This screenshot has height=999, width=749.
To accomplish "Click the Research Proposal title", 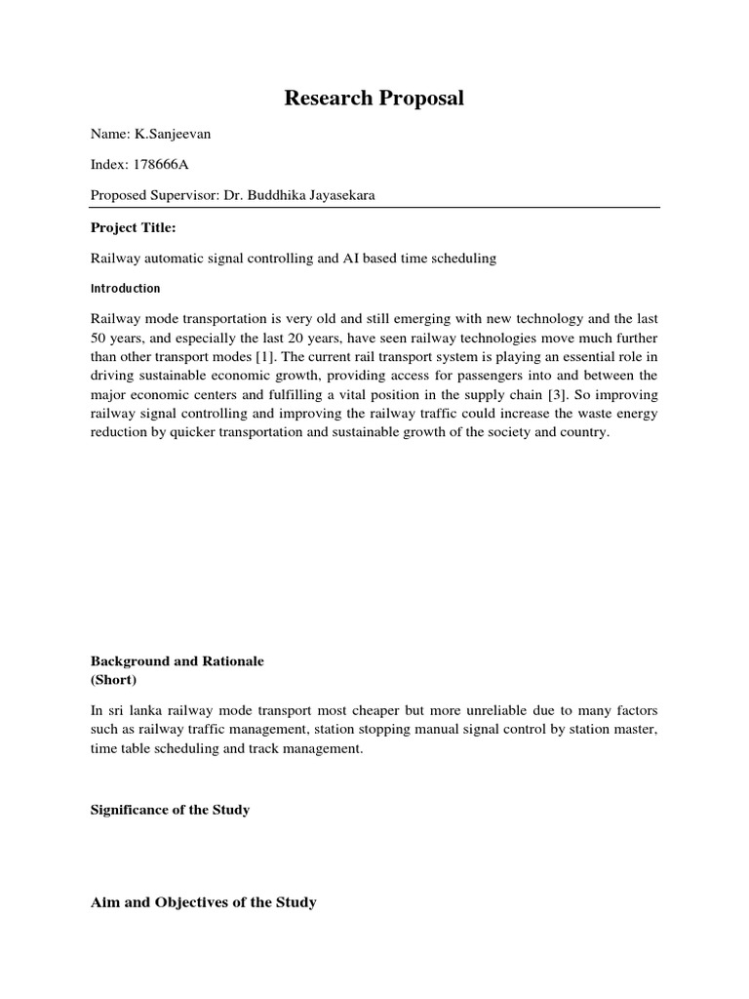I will tap(374, 99).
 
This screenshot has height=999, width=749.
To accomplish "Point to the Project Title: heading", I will tap(133, 227).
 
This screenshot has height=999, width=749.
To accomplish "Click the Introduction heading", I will tap(125, 289).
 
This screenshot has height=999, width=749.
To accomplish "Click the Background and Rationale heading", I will tap(177, 661).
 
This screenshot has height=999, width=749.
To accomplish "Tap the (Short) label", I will tap(114, 679).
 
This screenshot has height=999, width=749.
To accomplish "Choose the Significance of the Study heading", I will tap(170, 811).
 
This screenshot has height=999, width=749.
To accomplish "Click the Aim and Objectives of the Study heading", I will tap(203, 902).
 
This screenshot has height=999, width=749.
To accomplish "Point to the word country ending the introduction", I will tap(583, 432).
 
